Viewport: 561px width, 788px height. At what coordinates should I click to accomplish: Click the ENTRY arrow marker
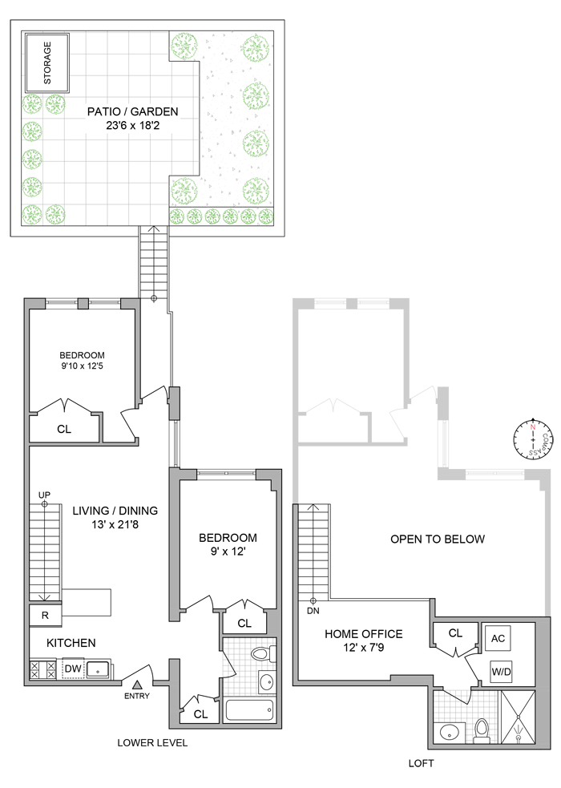coord(137,684)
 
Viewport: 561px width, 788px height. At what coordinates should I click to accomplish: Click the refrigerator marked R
coord(45,616)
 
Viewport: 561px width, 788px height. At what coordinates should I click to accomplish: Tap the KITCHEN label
coord(71,643)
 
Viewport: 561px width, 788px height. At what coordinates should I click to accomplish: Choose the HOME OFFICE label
coord(363,633)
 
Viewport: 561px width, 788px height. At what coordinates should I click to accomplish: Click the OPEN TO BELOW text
coord(438,539)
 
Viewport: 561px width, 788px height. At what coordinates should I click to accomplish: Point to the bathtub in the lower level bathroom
coord(249,710)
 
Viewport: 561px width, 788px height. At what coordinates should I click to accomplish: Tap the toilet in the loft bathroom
coord(482,729)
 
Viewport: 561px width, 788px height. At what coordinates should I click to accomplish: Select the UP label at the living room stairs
coord(44,495)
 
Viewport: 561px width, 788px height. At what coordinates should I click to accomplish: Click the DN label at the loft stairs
coord(313,611)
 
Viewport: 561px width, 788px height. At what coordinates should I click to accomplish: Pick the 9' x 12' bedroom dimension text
coord(228,553)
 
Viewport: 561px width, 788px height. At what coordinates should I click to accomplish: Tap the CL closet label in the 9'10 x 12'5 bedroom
coord(64,429)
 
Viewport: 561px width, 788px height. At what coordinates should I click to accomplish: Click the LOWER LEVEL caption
coord(152,743)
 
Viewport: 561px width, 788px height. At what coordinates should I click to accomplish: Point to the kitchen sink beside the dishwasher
coord(99,668)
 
